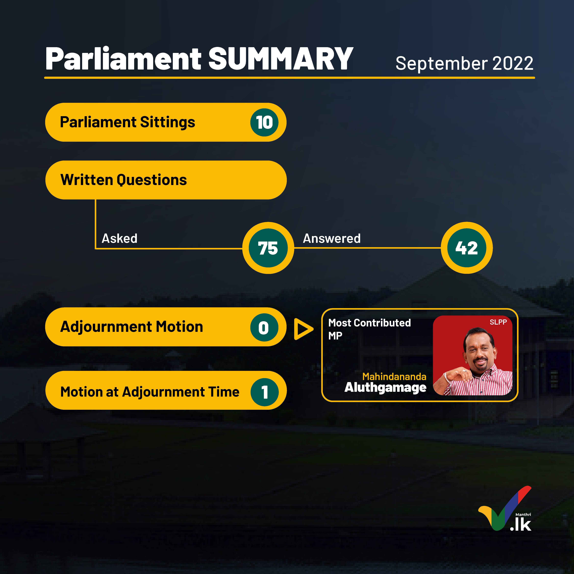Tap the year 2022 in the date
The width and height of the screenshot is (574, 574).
click(x=513, y=63)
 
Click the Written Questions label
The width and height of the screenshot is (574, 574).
click(x=124, y=180)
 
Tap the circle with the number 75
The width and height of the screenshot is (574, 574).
click(x=268, y=248)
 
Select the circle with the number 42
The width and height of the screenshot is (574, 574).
click(x=467, y=248)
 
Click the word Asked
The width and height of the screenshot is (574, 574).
click(x=119, y=238)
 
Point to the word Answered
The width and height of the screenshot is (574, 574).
click(x=332, y=238)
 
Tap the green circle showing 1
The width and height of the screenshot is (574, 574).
click(x=264, y=392)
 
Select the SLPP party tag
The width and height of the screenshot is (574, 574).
click(x=498, y=322)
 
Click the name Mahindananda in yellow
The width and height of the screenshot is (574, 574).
click(x=394, y=376)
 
